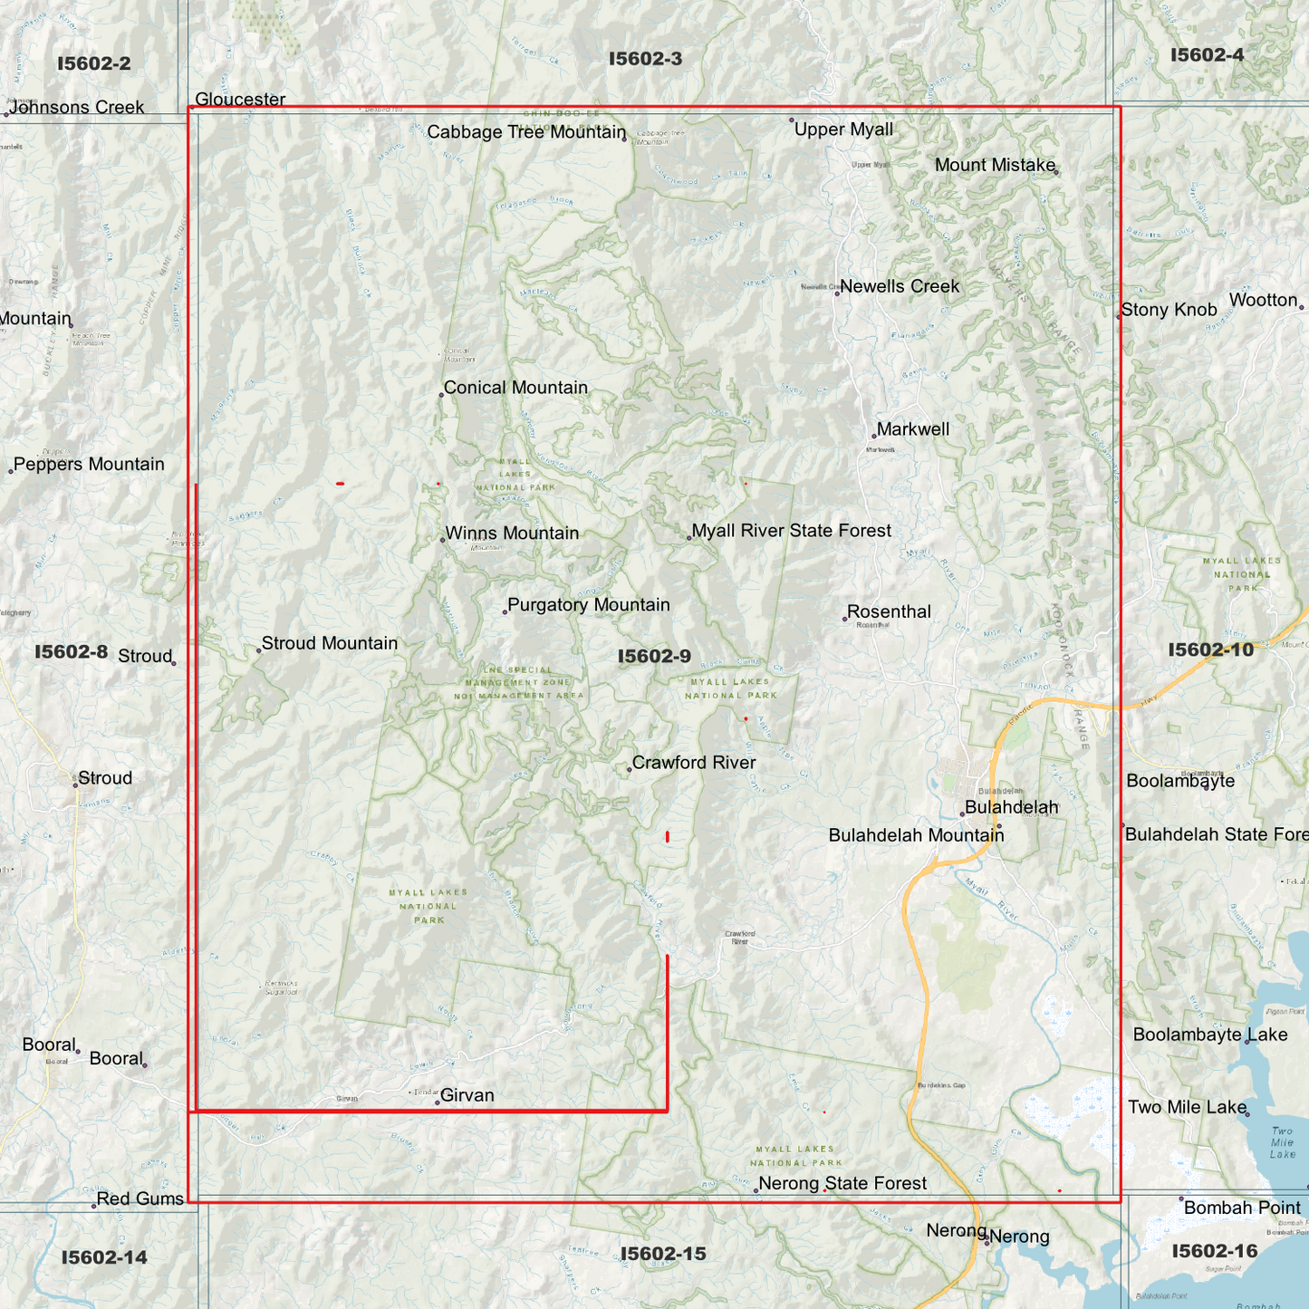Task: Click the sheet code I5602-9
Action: pos(654,657)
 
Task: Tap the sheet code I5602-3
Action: pos(645,59)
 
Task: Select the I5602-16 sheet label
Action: pos(1214,1251)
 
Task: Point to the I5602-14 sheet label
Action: pos(104,1257)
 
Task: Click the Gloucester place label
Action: pos(240,100)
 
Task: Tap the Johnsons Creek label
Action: pos(77,108)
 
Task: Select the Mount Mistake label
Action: pos(995,165)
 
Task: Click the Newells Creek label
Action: pos(899,286)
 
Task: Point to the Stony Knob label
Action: pos(1169,310)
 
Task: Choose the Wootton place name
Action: pos(1263,300)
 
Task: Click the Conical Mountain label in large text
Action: pos(515,388)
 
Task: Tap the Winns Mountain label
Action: pos(512,534)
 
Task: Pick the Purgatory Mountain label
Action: pos(588,605)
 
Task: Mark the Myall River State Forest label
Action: pos(791,531)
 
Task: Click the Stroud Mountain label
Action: pos(329,643)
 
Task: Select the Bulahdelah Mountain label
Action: pos(916,835)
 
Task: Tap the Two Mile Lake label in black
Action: pos(1187,1107)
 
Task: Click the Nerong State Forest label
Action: pos(842,1183)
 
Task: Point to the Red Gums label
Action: pos(140,1199)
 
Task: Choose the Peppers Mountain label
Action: pos(89,465)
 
